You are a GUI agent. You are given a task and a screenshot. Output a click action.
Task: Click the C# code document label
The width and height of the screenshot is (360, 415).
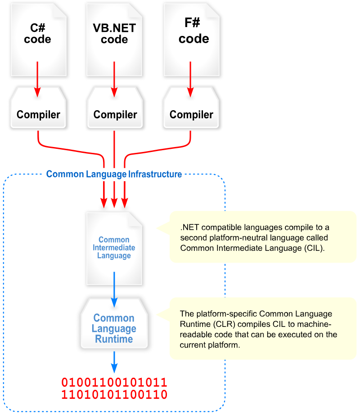tap(38, 34)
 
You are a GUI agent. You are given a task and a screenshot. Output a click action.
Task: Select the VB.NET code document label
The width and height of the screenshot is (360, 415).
tap(114, 34)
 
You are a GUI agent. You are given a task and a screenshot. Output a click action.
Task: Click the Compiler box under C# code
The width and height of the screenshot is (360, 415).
tap(38, 115)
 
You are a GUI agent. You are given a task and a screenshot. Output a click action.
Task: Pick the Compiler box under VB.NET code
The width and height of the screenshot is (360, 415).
tap(115, 115)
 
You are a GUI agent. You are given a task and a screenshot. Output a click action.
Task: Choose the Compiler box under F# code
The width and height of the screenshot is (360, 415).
tap(191, 115)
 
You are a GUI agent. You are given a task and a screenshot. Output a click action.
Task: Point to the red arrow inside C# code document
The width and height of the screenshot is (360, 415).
tap(38, 79)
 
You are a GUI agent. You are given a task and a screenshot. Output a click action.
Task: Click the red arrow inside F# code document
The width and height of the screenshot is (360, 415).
tap(191, 79)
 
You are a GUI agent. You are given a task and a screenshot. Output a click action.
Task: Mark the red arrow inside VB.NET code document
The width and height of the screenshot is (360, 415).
tap(114, 79)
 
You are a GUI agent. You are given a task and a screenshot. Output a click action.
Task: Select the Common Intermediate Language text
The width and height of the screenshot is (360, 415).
tap(114, 248)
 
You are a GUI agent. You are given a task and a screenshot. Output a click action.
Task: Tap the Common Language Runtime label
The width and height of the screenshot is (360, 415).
tap(114, 329)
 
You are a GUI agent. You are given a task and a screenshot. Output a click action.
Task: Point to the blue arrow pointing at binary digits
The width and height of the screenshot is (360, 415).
tap(114, 362)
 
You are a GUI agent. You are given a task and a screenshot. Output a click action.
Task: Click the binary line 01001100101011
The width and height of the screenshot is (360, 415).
tap(114, 383)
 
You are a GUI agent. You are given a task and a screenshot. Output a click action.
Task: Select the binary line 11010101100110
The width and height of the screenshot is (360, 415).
tap(114, 395)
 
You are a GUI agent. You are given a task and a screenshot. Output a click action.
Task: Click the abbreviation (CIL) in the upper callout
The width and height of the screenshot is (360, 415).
tap(312, 248)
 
